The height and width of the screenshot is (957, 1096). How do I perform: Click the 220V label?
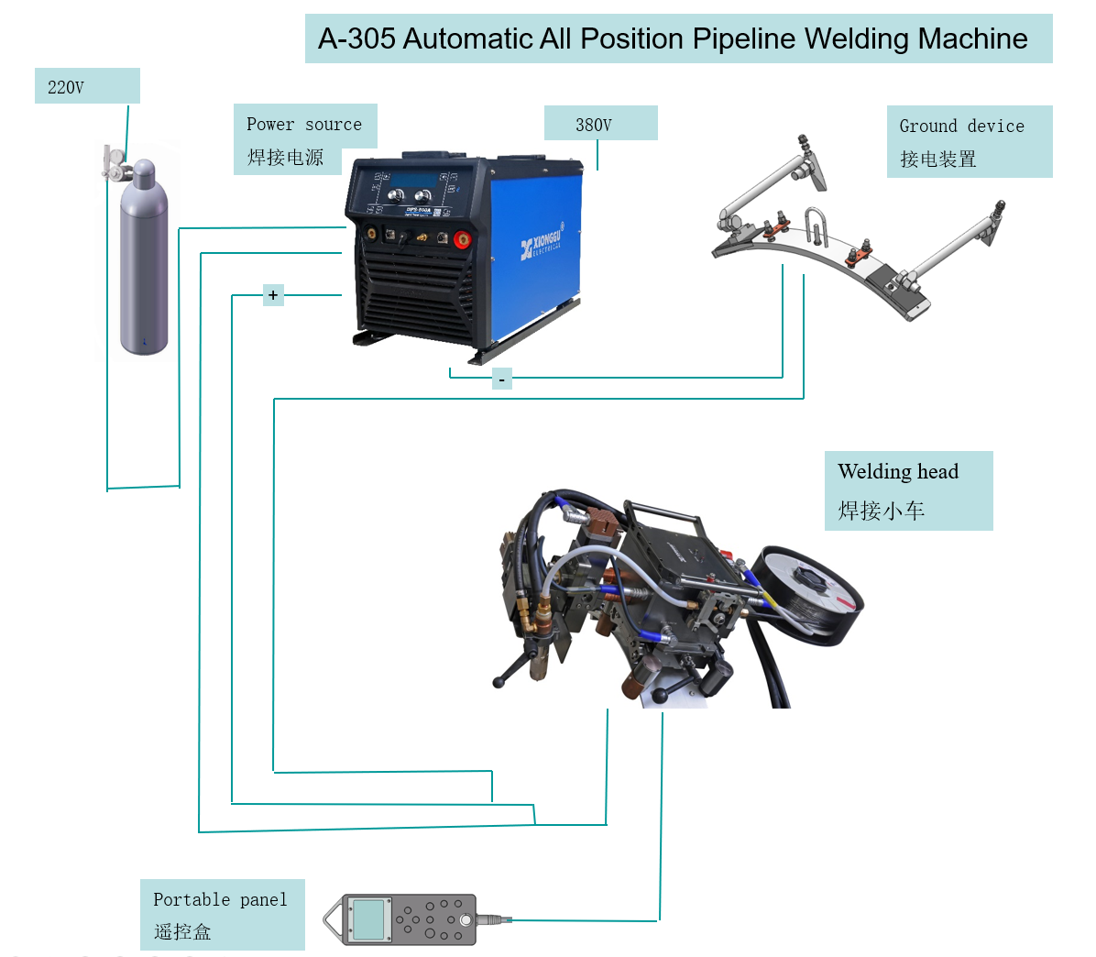[66, 88]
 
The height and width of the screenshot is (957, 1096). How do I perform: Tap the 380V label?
[594, 125]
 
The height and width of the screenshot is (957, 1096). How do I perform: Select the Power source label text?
[303, 125]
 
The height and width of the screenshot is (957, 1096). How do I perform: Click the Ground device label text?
[961, 126]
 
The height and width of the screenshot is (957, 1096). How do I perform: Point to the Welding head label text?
[898, 472]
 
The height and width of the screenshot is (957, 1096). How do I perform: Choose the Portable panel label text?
[220, 900]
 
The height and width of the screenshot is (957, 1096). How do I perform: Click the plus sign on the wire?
[273, 295]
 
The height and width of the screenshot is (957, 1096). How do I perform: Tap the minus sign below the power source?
[501, 379]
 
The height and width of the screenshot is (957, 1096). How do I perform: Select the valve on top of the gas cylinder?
[116, 163]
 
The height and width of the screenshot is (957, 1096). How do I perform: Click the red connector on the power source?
[462, 240]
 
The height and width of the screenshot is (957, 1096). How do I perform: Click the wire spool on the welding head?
[811, 591]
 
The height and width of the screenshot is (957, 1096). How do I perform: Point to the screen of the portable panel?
[368, 918]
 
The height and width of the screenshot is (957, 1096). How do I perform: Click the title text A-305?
[356, 38]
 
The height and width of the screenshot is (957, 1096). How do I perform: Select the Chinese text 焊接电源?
[286, 158]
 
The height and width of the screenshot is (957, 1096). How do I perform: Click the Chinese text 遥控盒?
[183, 932]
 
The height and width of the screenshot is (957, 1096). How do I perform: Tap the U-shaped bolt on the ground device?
[817, 225]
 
